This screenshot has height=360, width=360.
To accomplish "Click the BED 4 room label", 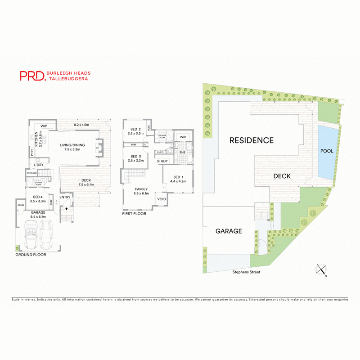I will click(x=37, y=196).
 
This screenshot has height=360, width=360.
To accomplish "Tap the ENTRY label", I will click(x=65, y=197).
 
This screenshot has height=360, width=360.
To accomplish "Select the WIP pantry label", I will click(x=44, y=126).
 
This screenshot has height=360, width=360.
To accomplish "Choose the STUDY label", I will click(x=162, y=161).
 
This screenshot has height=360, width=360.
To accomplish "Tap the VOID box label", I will click(x=162, y=198).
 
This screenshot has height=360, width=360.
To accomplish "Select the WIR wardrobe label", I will click(x=183, y=137).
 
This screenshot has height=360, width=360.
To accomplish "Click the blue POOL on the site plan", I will click(x=327, y=151).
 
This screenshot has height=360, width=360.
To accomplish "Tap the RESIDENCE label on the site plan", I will click(x=251, y=140).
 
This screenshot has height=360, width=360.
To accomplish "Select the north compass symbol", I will click(x=322, y=269).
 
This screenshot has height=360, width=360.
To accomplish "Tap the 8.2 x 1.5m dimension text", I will click(x=81, y=125).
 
